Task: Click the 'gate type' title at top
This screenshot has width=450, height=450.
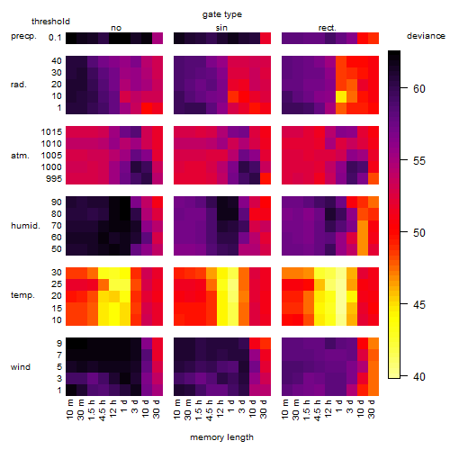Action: pyautogui.click(x=222, y=14)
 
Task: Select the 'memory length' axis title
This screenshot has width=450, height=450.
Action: pyautogui.click(x=221, y=437)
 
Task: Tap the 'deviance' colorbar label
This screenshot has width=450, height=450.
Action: pyautogui.click(x=426, y=36)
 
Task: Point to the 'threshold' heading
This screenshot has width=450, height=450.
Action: pyautogui.click(x=50, y=22)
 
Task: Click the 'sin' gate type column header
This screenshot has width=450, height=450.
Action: pyautogui.click(x=221, y=28)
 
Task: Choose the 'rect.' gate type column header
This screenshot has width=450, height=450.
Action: pyautogui.click(x=328, y=28)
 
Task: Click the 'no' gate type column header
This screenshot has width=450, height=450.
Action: pyautogui.click(x=116, y=28)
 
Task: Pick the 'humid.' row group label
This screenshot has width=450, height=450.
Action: pyautogui.click(x=25, y=225)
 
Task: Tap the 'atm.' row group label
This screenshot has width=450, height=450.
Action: pyautogui.click(x=20, y=156)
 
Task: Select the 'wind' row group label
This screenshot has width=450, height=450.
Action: pyautogui.click(x=21, y=366)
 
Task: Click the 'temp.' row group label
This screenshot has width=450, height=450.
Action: pyautogui.click(x=22, y=295)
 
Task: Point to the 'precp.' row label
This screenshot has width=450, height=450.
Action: pyautogui.click(x=23, y=36)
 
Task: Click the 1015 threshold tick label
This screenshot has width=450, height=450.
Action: pyautogui.click(x=51, y=132)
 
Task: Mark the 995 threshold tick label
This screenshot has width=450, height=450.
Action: pyautogui.click(x=54, y=179)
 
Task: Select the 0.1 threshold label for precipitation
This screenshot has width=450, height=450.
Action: pyautogui.click(x=55, y=38)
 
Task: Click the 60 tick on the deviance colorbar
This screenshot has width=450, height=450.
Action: pyautogui.click(x=419, y=89)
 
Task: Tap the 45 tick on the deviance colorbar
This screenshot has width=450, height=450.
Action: pyautogui.click(x=419, y=305)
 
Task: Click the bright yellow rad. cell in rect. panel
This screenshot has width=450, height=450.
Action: pyautogui.click(x=341, y=96)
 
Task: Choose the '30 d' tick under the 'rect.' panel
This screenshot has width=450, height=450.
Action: pyautogui.click(x=372, y=409)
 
